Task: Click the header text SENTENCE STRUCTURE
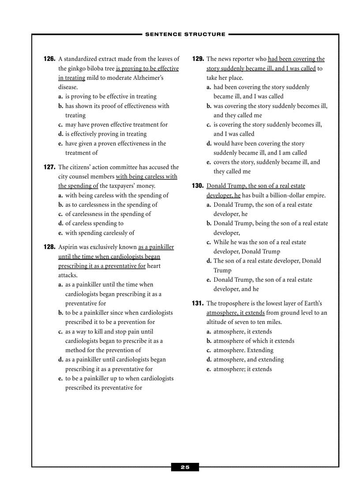(x=185, y=34)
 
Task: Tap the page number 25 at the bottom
(x=185, y=467)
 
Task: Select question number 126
(x=49, y=59)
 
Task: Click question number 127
(x=49, y=167)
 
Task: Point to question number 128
(x=49, y=247)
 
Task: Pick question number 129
(x=198, y=59)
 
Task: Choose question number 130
(x=198, y=186)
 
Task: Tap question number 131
(x=198, y=303)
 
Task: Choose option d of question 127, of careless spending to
(x=94, y=223)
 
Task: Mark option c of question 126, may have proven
(x=116, y=125)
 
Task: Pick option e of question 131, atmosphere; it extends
(x=242, y=369)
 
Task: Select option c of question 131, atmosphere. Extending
(x=243, y=350)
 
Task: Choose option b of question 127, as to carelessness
(x=111, y=205)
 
